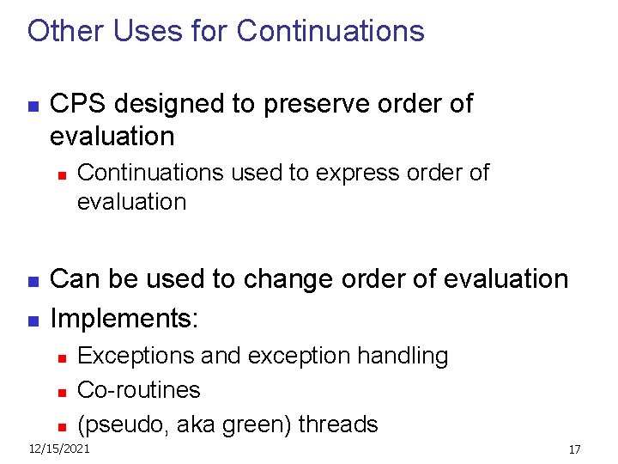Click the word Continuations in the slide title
330,31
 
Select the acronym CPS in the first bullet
79,104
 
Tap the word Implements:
124,320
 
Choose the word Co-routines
138,390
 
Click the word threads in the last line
338,424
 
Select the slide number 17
574,449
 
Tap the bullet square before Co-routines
61,392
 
